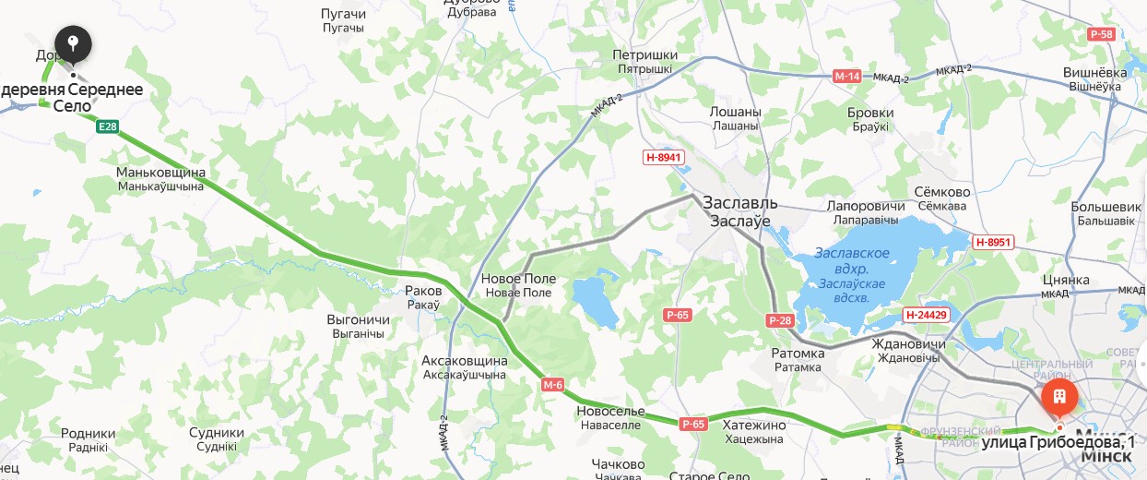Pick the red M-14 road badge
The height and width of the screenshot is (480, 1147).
(x=846, y=77)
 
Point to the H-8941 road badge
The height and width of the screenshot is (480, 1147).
(x=663, y=158)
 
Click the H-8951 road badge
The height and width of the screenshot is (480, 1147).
(x=993, y=242)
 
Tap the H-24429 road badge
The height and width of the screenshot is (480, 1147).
(x=926, y=315)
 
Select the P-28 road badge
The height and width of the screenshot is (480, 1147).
(x=779, y=320)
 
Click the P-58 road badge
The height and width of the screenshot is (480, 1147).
(x=1101, y=34)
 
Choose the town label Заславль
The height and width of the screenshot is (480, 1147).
(x=740, y=202)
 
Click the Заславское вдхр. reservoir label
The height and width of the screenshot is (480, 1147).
(x=851, y=253)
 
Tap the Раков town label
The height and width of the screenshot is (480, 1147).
(x=423, y=290)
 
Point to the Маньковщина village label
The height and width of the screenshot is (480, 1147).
(x=160, y=173)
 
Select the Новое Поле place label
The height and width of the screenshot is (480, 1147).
(x=518, y=279)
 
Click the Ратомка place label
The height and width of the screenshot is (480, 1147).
(x=798, y=354)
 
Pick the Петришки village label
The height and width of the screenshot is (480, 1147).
(x=644, y=55)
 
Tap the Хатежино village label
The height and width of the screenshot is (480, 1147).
(x=754, y=425)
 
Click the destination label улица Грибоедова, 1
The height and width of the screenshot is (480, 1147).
(x=1058, y=443)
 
